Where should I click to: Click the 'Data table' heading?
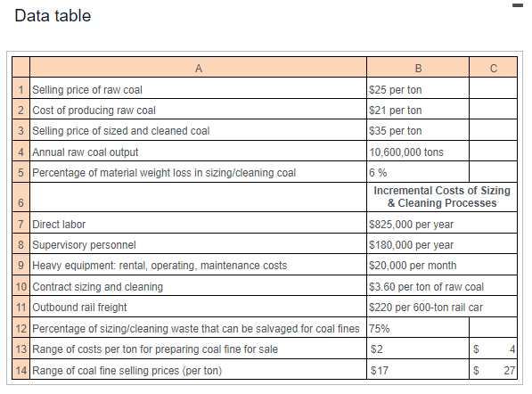[53, 16]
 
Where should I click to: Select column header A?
[198, 68]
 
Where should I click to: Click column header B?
[418, 68]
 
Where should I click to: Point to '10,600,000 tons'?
[405, 152]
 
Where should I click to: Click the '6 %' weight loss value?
[378, 172]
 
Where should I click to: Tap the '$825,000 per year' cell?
[411, 224]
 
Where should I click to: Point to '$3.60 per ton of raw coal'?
[426, 286]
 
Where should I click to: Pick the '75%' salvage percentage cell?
[379, 327]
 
